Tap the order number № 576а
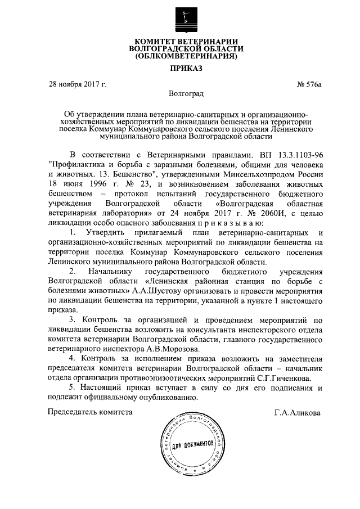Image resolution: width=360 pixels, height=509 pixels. pyautogui.click(x=308, y=84)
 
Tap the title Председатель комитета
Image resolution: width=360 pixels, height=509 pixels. pyautogui.click(x=91, y=412)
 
